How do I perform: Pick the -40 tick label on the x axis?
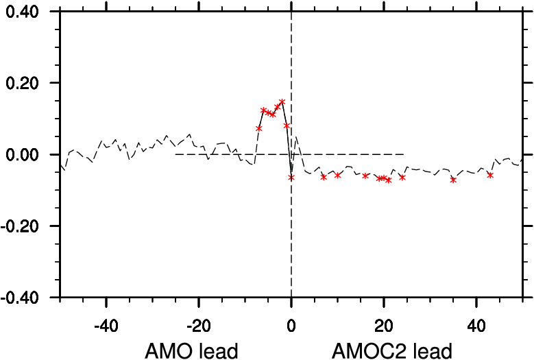tap(106, 322)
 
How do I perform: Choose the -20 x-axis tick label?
tap(199, 322)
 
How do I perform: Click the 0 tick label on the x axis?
tap(291, 322)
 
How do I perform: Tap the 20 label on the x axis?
tap(384, 322)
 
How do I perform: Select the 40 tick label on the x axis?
tap(476, 322)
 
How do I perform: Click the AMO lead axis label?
tap(191, 351)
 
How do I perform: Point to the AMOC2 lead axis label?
tap(391, 351)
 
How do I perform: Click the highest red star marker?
tap(282, 101)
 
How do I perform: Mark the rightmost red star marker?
tap(490, 175)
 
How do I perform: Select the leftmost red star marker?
tap(259, 128)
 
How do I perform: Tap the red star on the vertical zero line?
tap(291, 177)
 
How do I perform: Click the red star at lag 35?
tap(453, 180)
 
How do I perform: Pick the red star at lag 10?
tap(337, 176)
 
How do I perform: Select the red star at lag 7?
tap(324, 177)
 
